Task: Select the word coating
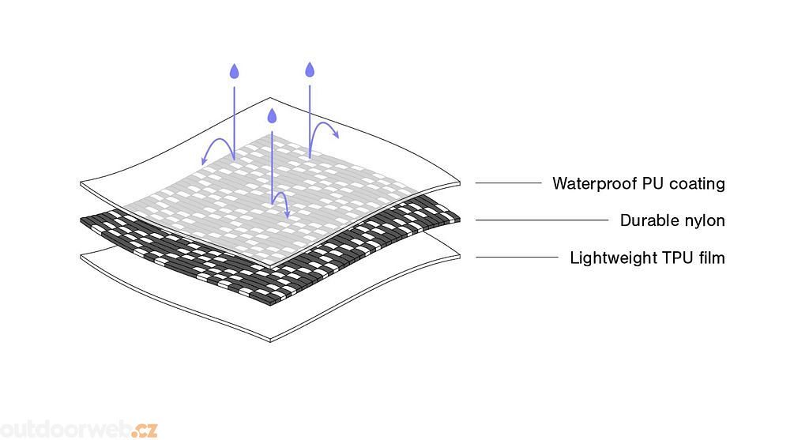pyautogui.click(x=697, y=185)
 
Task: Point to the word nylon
pyautogui.click(x=702, y=221)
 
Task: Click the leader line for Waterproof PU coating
pyautogui.click(x=508, y=183)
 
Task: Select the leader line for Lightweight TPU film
pyautogui.click(x=517, y=257)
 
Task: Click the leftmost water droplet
pyautogui.click(x=234, y=72)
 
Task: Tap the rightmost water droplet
pyautogui.click(x=310, y=70)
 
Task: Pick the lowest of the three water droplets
pyautogui.click(x=273, y=117)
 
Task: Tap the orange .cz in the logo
pyautogui.click(x=145, y=431)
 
